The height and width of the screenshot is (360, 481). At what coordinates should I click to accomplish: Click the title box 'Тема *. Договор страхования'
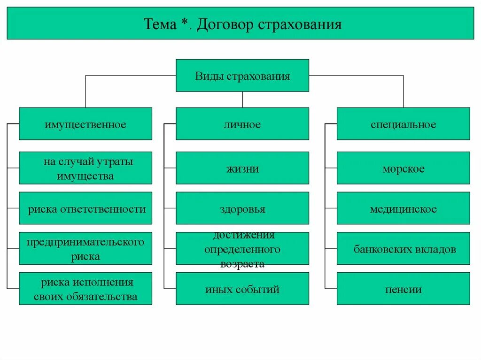point(240,23)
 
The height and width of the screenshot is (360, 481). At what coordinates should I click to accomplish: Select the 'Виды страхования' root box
point(242,76)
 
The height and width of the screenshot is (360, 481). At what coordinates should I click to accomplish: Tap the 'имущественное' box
point(85,124)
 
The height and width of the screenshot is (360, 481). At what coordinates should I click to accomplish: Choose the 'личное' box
point(242,124)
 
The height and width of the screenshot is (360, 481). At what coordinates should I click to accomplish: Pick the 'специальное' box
point(403,124)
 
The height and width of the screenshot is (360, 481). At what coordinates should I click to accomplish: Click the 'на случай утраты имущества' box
point(85,168)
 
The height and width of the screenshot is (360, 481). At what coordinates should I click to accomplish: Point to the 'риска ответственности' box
point(85,208)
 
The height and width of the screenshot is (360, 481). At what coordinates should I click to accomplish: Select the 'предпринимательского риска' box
point(85,248)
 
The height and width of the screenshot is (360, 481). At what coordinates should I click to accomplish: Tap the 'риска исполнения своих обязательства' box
point(85,289)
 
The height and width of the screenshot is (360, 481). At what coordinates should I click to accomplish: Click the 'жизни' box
point(242,168)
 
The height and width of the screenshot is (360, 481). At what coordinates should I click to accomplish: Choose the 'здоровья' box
point(242,208)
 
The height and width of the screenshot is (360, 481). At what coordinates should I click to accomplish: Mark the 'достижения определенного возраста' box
point(242,248)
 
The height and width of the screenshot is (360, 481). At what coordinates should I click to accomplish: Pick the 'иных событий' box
point(242,289)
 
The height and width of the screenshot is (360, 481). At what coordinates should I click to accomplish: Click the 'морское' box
point(403,168)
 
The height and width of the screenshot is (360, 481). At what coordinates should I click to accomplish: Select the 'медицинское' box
point(403,208)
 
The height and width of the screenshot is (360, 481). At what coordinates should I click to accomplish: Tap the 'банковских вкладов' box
point(403,248)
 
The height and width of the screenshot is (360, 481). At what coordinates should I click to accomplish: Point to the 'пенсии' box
point(403,289)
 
